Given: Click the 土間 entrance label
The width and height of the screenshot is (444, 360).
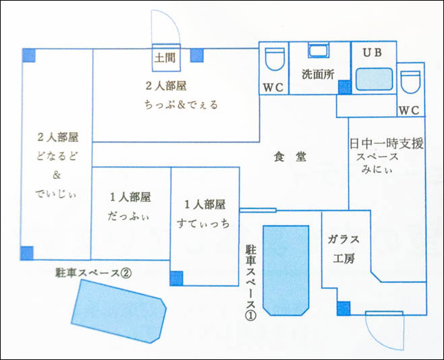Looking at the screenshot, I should [165, 57].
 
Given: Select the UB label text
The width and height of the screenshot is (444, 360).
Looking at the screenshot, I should [372, 53].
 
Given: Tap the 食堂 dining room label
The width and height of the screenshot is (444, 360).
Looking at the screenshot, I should [290, 157].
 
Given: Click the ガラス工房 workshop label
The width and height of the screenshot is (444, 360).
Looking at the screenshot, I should [343, 249].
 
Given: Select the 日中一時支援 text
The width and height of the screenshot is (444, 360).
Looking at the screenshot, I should [386, 144].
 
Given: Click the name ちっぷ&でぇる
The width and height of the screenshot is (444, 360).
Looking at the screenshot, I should [181, 105].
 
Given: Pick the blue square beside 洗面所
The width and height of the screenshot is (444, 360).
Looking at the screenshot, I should [344, 86].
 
